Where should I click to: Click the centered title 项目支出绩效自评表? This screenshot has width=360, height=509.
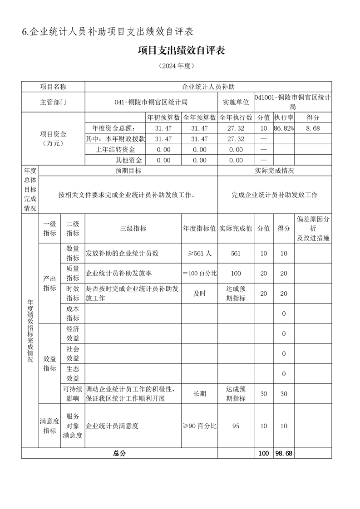(x=181, y=50)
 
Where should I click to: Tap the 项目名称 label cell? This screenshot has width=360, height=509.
(x=53, y=87)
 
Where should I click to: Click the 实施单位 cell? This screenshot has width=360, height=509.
(x=236, y=102)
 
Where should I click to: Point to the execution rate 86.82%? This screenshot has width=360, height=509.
(x=283, y=128)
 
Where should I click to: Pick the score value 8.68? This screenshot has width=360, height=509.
(x=313, y=128)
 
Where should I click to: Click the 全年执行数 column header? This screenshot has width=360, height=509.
(x=236, y=117)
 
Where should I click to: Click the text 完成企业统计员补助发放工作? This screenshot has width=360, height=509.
(x=274, y=195)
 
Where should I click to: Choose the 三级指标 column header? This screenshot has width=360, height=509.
(x=133, y=229)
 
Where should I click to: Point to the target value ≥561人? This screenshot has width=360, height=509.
(x=199, y=254)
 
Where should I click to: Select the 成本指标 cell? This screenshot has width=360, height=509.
(x=73, y=313)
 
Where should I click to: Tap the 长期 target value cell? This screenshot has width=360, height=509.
(x=199, y=394)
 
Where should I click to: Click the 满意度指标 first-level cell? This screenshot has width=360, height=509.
(x=49, y=426)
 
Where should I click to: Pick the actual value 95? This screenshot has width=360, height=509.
(x=236, y=426)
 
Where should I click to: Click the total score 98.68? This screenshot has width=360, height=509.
(x=283, y=453)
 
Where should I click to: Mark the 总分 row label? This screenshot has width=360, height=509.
(x=119, y=453)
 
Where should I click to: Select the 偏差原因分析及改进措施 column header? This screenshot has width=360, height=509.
(x=313, y=229)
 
